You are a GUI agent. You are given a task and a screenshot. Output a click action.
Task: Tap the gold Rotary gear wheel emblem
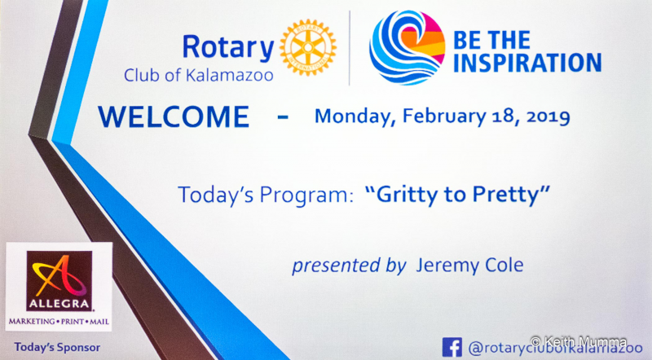pos(308,47)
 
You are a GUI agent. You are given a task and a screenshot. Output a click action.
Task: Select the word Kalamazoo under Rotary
pos(229,75)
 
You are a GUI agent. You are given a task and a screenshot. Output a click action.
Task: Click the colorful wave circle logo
pos(407,47)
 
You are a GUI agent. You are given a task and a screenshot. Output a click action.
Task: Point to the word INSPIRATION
pos(526,63)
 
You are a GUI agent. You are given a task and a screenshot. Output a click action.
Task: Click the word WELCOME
pos(174,116)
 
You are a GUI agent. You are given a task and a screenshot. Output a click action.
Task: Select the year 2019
pos(548,116)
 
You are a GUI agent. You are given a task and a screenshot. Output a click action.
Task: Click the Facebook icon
pos(452,347)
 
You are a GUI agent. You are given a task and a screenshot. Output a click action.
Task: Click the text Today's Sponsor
pos(57,347)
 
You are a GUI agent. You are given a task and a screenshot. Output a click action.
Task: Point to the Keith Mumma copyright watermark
pos(579,342)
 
